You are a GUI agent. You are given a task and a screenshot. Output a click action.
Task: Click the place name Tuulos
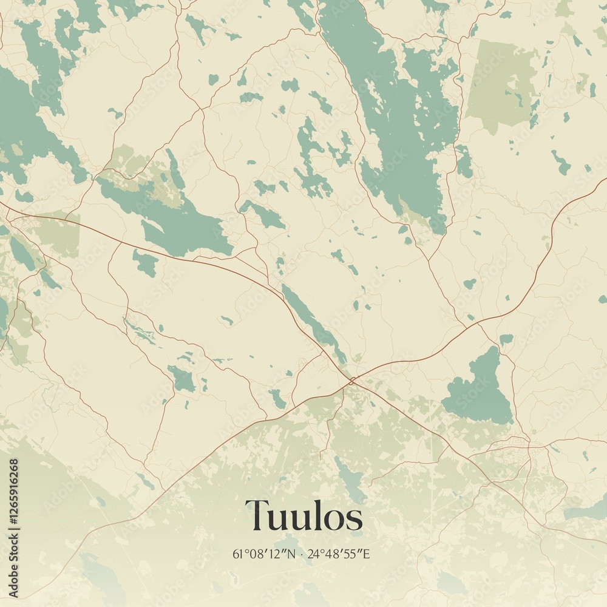[303, 516]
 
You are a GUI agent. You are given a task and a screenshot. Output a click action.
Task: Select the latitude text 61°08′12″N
[264, 554]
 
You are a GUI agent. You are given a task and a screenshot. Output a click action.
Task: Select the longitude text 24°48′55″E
[339, 554]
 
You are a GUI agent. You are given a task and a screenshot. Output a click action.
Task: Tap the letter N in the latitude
[291, 554]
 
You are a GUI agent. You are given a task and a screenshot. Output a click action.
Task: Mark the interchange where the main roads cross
[352, 381]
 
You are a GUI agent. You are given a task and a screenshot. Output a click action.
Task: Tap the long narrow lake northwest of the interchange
[313, 322]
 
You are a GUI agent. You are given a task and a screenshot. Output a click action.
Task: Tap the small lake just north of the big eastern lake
[505, 339]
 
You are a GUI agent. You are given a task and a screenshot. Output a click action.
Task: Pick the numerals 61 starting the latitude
[237, 554]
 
